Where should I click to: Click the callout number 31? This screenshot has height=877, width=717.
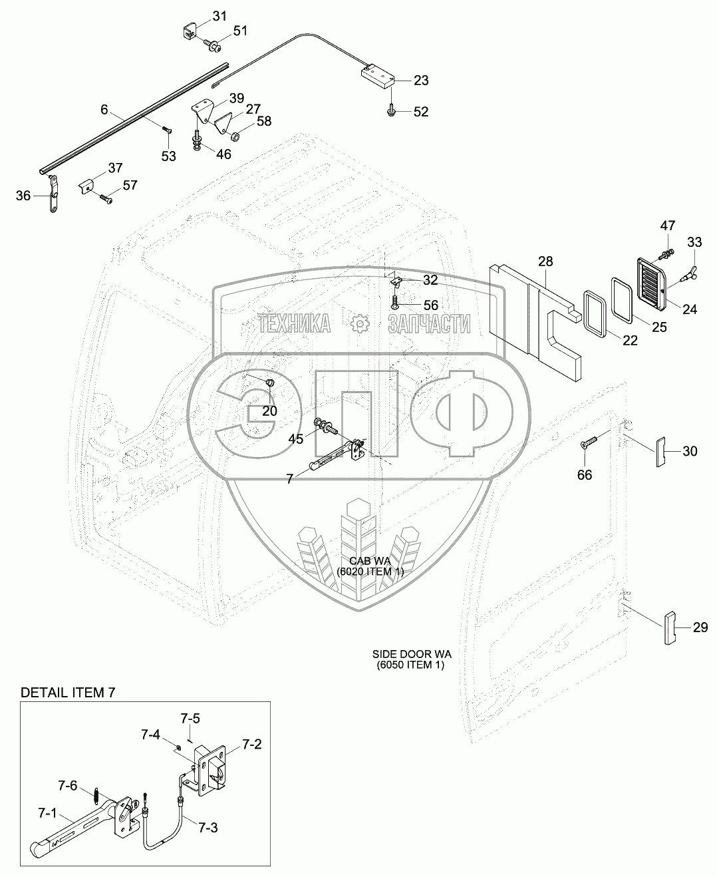click(219, 15)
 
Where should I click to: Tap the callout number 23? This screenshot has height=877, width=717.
click(421, 81)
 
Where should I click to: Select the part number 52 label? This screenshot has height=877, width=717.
click(421, 112)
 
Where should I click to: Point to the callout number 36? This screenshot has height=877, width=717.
click(24, 196)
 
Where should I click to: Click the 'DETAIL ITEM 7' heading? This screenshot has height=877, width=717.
click(68, 693)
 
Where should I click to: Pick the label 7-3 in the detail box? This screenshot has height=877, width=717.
click(207, 828)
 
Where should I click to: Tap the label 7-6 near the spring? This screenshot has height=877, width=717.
click(67, 787)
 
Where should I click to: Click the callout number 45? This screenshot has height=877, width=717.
click(296, 438)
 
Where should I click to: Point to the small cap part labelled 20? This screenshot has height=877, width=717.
click(270, 382)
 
